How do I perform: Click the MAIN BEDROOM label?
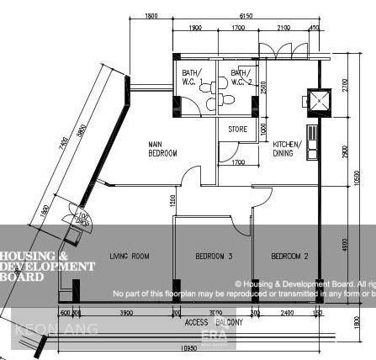click(x=162, y=149)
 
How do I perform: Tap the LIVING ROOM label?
click(x=130, y=255)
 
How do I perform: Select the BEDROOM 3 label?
click(x=214, y=255)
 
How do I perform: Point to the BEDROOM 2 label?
click(x=289, y=255)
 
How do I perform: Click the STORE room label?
click(x=238, y=130)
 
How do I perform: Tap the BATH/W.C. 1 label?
click(x=192, y=77)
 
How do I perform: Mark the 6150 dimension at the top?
click(x=246, y=16)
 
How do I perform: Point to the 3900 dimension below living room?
click(x=126, y=312)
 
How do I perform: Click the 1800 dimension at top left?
click(x=151, y=16)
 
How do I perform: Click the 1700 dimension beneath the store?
click(x=238, y=162)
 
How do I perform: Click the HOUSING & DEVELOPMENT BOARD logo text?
click(x=47, y=266)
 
